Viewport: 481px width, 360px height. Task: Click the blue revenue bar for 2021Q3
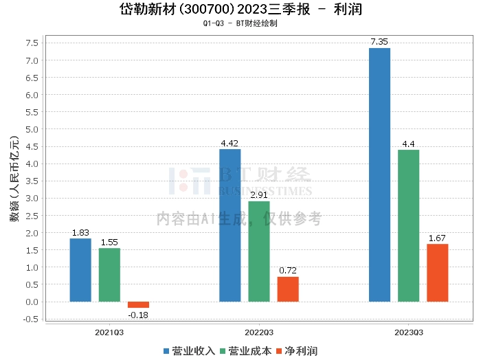pos(80,270)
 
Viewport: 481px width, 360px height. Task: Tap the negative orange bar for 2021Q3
pos(138,304)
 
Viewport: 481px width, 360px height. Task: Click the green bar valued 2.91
pos(259,251)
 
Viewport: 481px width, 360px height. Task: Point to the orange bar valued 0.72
pos(288,289)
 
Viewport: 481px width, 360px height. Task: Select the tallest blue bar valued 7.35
pos(379,175)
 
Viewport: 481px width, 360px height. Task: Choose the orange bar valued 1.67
pos(437,273)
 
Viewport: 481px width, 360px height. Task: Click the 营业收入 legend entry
pos(189,351)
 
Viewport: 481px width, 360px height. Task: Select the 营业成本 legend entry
pos(245,351)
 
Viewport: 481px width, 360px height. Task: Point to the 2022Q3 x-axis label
pos(258,333)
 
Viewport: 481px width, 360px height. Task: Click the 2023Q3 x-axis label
pos(408,333)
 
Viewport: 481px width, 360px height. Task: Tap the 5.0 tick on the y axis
pos(32,129)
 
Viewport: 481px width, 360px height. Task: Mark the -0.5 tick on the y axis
pos(30,319)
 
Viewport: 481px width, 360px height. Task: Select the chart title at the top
pos(240,10)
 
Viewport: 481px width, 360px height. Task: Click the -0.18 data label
pos(138,315)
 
